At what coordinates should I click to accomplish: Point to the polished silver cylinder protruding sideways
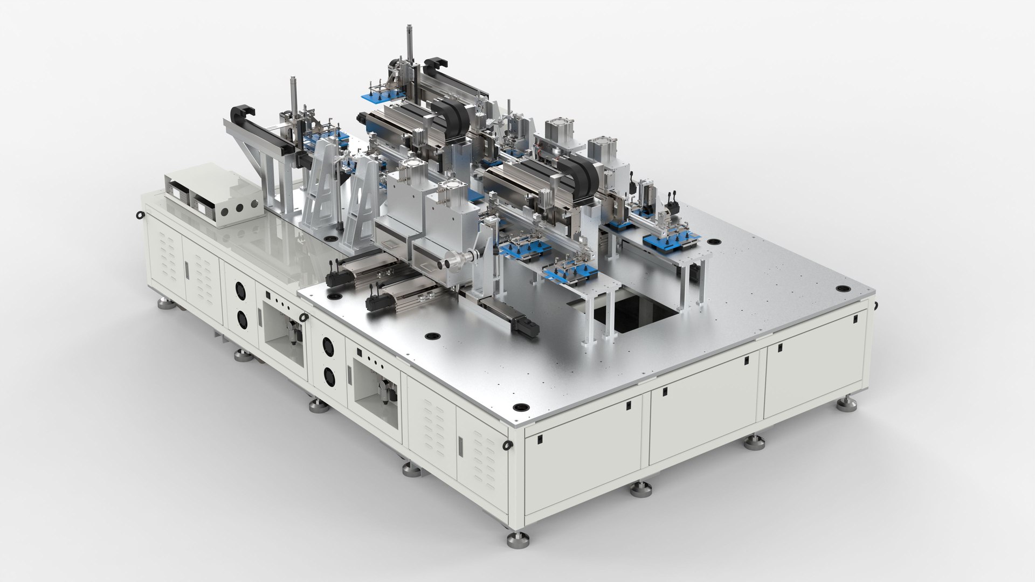[x=452, y=262]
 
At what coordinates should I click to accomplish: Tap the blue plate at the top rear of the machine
[x=384, y=96]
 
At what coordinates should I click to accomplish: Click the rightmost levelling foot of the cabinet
[x=846, y=404]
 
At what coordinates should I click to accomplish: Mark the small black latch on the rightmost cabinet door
[x=855, y=319]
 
